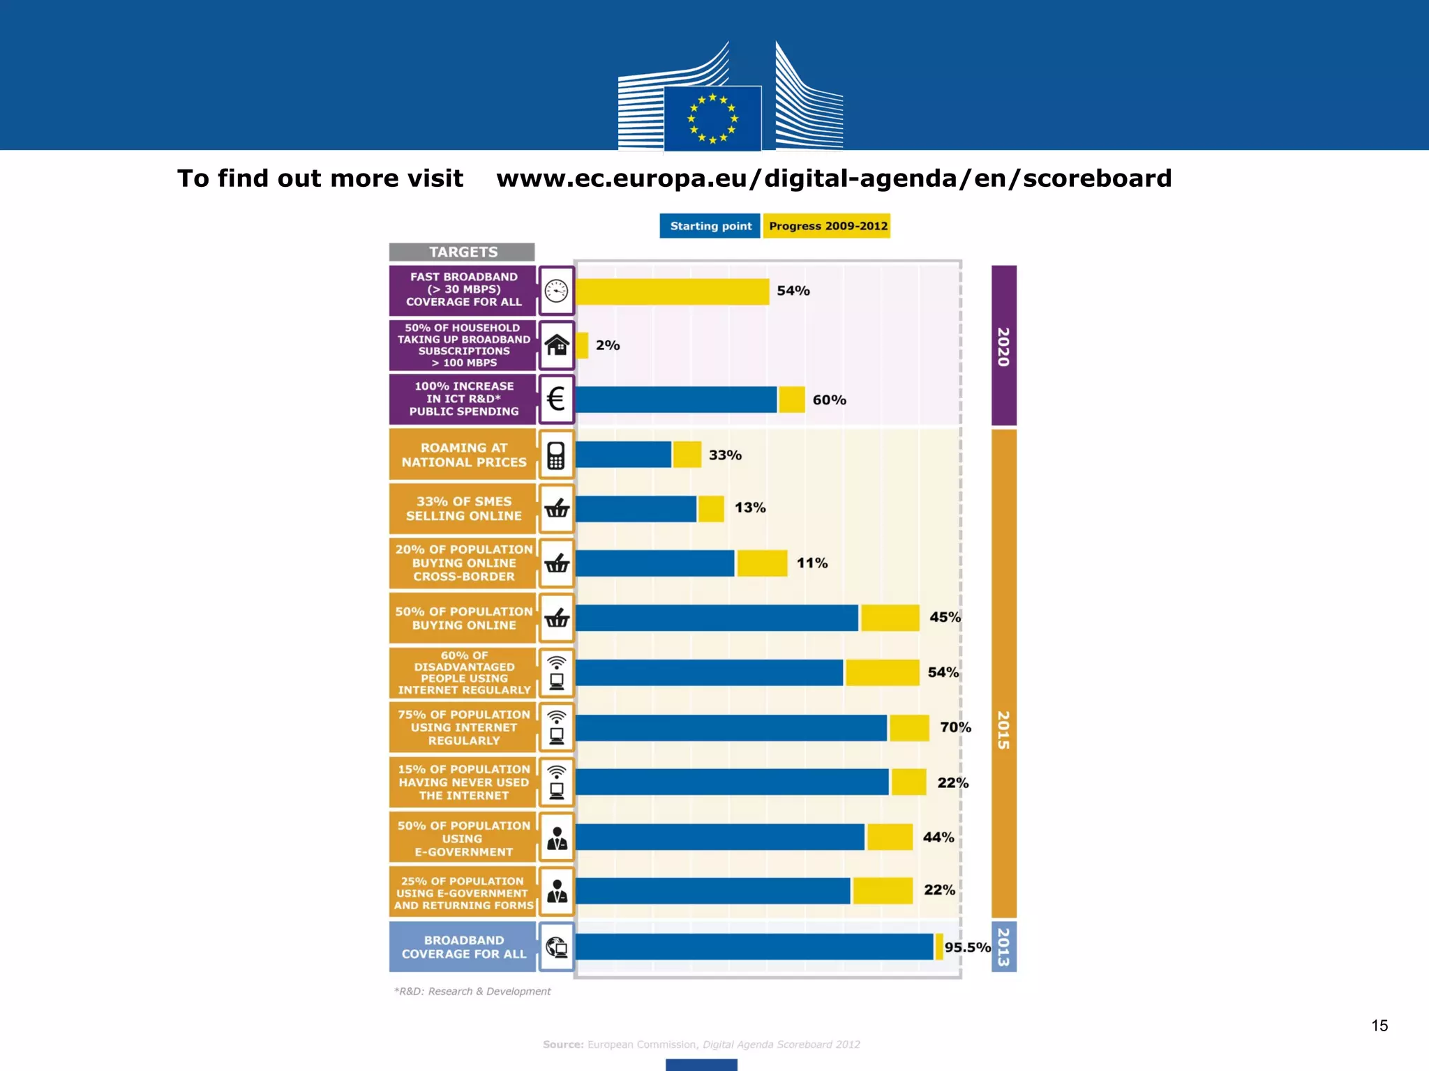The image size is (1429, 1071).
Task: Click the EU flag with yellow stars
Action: pos(712,118)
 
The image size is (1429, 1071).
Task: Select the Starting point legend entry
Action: pos(710,226)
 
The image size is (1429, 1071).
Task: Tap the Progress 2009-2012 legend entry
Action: pos(827,226)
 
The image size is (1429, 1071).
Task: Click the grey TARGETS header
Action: pos(463,252)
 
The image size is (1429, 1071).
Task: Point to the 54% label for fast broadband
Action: pos(793,291)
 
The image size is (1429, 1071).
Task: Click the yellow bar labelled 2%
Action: pos(583,345)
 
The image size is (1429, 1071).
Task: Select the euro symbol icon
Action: pos(556,400)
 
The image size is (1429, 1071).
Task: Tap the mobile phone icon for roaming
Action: pos(556,455)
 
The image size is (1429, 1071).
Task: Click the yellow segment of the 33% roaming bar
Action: pos(687,455)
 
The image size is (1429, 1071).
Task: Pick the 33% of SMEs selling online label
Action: pos(463,508)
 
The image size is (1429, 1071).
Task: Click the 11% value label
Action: pos(812,563)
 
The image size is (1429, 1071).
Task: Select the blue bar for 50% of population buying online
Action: pos(717,618)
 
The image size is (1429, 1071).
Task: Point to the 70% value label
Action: pos(955,727)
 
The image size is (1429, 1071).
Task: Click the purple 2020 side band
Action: pos(1003,345)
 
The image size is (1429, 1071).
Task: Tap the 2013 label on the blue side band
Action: pos(1003,947)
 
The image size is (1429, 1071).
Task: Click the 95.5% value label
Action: pos(967,947)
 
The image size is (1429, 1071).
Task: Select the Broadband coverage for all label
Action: pos(463,947)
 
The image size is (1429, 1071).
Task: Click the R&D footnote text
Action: pos(472,991)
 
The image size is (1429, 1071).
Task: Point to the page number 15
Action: pos(1379,1025)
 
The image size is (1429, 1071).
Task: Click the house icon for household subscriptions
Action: pos(556,345)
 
